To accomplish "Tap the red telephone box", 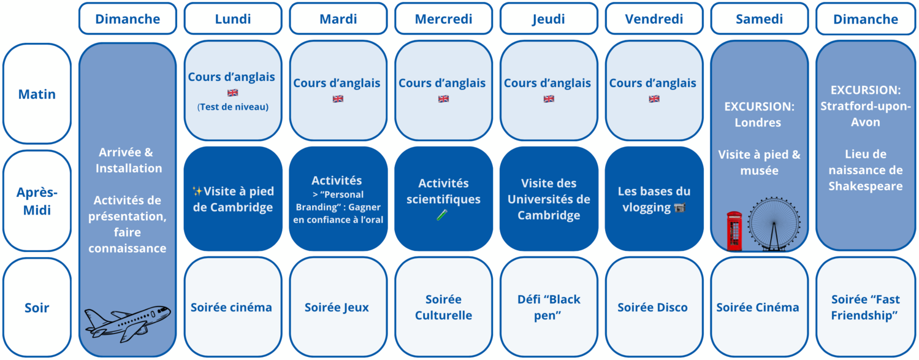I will [x=734, y=231].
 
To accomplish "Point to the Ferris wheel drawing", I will [x=774, y=224].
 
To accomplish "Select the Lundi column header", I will [x=233, y=19].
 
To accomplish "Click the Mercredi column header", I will [x=443, y=19].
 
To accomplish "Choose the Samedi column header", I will [x=759, y=19].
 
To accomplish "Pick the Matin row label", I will [x=37, y=94].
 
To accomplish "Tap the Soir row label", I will [x=37, y=307].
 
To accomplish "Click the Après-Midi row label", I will [x=37, y=201].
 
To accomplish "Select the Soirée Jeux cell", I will [x=338, y=307].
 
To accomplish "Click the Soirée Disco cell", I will [x=654, y=307].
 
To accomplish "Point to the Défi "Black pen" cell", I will [x=549, y=307].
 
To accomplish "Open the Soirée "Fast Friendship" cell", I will [x=865, y=307].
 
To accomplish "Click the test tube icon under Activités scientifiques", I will [x=442, y=215].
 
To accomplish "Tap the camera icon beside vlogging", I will [x=679, y=208].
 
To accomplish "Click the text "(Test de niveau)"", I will [x=233, y=107].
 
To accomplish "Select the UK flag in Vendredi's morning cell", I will [x=654, y=98].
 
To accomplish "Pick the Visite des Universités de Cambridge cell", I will [x=549, y=199].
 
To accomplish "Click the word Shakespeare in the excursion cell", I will [x=865, y=186].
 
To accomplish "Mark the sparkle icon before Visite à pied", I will [x=197, y=191].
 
